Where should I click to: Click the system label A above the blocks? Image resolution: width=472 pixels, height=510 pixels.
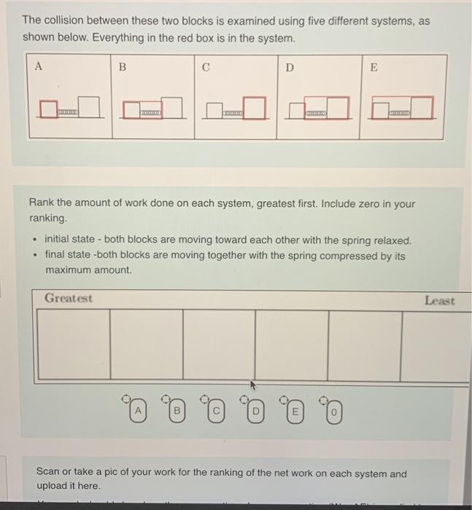39,66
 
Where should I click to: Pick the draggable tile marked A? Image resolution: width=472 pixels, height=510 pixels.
136,412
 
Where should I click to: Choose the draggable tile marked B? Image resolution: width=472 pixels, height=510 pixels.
175,412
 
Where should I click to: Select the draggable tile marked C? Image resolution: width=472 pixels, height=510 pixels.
215,412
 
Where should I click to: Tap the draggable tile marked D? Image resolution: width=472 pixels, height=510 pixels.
255,412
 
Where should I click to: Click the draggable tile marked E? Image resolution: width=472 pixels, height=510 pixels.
294,412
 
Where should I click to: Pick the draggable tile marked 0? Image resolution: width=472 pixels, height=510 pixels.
333,412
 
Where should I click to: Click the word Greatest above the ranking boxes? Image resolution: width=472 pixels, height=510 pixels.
69,299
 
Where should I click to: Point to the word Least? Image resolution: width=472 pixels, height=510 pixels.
439,300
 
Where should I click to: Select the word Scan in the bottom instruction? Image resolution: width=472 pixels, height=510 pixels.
50,474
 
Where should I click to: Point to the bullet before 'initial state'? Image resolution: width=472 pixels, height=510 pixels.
34,240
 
